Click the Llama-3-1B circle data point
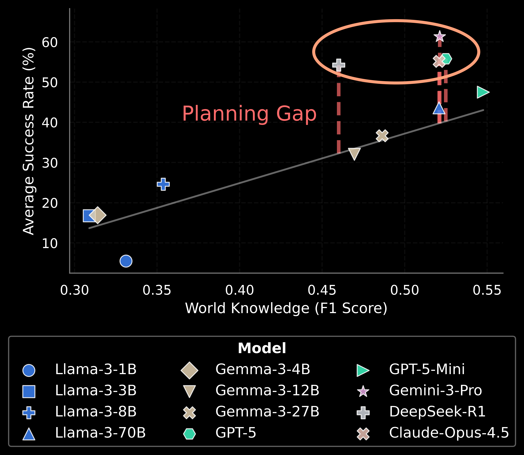(x=126, y=261)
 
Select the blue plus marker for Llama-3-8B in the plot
(x=163, y=184)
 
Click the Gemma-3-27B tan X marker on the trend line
(x=382, y=136)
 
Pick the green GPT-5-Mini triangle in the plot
(x=482, y=92)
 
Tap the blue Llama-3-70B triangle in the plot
(x=439, y=109)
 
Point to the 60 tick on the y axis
(x=50, y=42)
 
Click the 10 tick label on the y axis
(x=50, y=243)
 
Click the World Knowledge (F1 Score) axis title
(x=286, y=308)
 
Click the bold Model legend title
(x=262, y=348)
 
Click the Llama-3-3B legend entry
(x=96, y=391)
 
